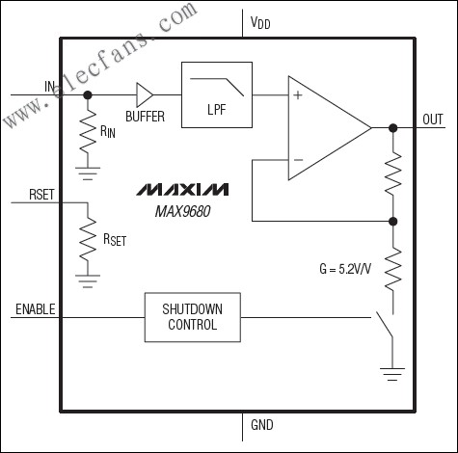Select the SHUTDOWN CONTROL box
point(193,317)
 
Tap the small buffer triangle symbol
point(145,94)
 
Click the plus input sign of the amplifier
point(298,95)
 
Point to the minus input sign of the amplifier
point(298,160)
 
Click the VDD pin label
point(260,23)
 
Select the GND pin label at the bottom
point(262,425)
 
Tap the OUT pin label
point(433,120)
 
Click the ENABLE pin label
point(36,309)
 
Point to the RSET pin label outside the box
point(41,195)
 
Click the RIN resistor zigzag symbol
point(88,131)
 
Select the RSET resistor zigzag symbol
point(88,239)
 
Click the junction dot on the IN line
point(88,94)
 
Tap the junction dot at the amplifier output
point(392,128)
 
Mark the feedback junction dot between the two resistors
point(392,221)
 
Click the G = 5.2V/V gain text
point(345,269)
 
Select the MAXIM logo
point(183,189)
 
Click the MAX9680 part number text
point(183,211)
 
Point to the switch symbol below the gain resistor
point(385,325)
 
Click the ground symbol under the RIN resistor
point(88,173)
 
